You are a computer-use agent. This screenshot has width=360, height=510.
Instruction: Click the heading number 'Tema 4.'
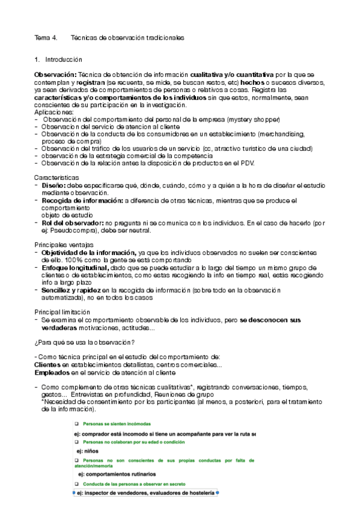point(45,38)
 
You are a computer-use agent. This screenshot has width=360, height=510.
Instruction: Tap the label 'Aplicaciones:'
point(54,112)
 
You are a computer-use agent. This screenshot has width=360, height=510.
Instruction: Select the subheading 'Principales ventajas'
point(63,245)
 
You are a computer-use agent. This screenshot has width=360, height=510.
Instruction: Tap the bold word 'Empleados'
point(50,372)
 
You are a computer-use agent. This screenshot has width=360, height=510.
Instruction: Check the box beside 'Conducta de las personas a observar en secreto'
point(76,484)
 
